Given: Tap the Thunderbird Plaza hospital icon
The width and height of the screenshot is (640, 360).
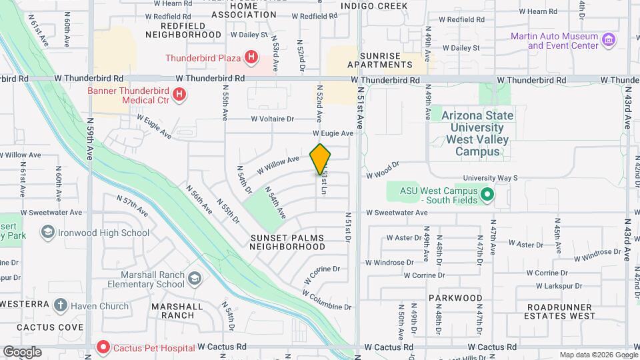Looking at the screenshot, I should click(251, 58).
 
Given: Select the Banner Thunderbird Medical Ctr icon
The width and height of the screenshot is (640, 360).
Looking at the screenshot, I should click(179, 95).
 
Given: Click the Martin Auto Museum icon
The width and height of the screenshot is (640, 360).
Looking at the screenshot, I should click(608, 40).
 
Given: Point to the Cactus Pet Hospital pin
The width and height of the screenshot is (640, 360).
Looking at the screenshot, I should click(103, 347).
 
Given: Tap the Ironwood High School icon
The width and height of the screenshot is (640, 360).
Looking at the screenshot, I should click(47, 233).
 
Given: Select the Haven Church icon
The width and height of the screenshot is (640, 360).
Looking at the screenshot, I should click(61, 306).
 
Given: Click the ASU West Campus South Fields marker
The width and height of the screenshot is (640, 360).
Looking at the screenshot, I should click(487, 195).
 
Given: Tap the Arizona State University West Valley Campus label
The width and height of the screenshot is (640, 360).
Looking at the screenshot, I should click(477, 133).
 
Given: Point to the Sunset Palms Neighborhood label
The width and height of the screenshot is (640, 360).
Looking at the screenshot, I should click(287, 242).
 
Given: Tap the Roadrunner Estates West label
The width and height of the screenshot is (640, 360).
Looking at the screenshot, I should click(559, 311).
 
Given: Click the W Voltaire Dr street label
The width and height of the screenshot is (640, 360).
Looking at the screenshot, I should click(272, 119).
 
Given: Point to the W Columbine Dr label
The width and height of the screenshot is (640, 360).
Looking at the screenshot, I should click(326, 301).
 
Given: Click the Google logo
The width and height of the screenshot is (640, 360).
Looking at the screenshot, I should click(22, 351).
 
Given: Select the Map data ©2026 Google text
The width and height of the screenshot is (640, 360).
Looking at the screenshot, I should click(599, 355).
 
